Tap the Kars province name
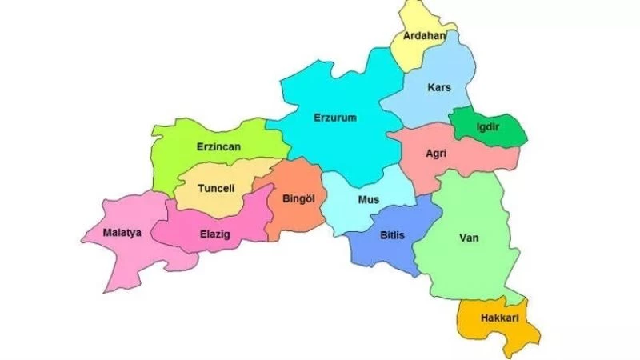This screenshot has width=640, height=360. (x=439, y=86)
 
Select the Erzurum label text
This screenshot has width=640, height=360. (x=334, y=118)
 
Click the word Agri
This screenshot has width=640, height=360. (x=436, y=153)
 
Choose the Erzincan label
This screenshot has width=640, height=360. (x=218, y=147)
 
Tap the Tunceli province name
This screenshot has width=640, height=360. (x=215, y=189)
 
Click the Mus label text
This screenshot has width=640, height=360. (x=369, y=200)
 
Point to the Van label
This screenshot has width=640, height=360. (x=469, y=238)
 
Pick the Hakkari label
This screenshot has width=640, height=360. (x=499, y=318)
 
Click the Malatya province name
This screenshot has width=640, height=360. (x=122, y=233)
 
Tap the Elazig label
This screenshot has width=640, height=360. (x=214, y=235)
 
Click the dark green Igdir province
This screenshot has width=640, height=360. (x=504, y=132)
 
